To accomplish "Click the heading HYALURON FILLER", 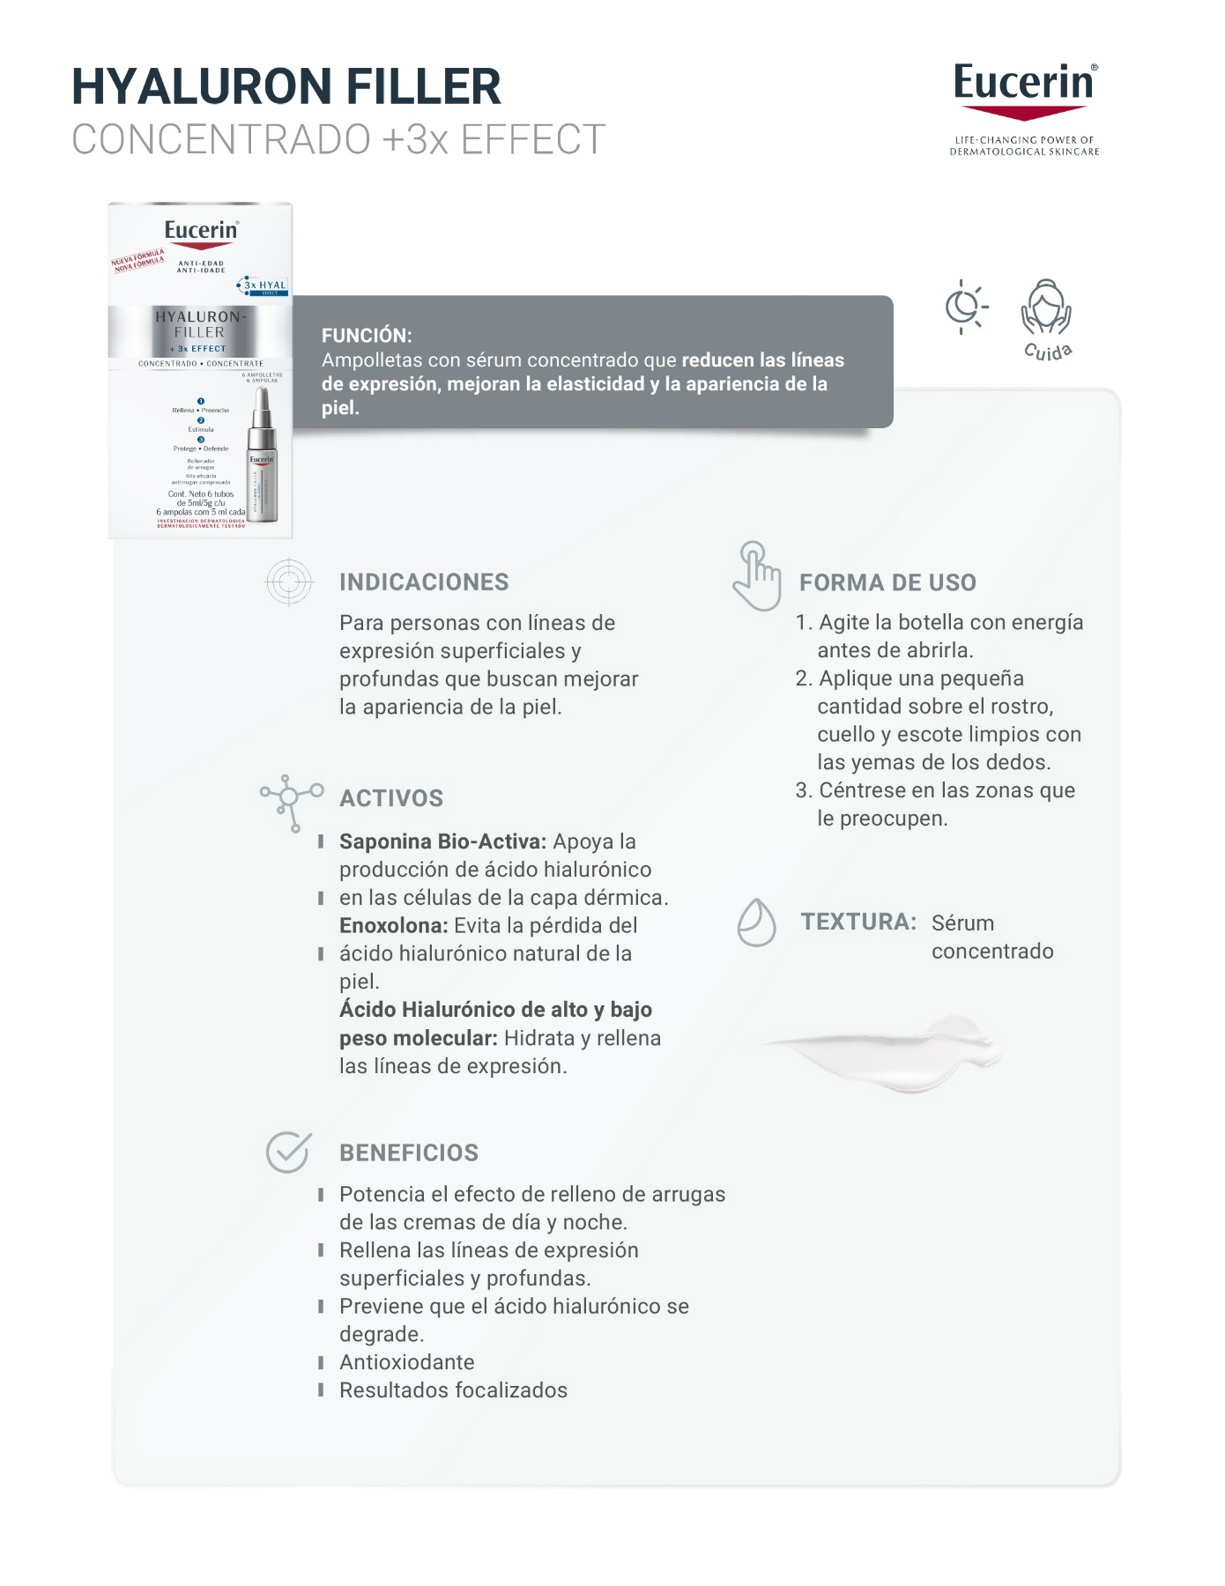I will click(x=286, y=86).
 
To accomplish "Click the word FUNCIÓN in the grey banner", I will click(x=367, y=336).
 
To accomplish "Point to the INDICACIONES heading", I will click(x=424, y=582).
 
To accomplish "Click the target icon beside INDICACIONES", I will click(x=289, y=582).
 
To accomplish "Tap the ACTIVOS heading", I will click(x=391, y=798).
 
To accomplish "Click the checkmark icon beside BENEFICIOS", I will click(x=288, y=1152).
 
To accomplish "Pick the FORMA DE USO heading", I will click(x=887, y=582).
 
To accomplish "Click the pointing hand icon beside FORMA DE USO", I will click(x=757, y=576).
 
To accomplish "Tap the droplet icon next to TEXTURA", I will click(x=756, y=923).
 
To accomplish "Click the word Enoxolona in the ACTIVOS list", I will click(x=393, y=926).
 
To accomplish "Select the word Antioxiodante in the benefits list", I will click(x=407, y=1362).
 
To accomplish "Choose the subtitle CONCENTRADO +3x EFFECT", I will click(x=338, y=139).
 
